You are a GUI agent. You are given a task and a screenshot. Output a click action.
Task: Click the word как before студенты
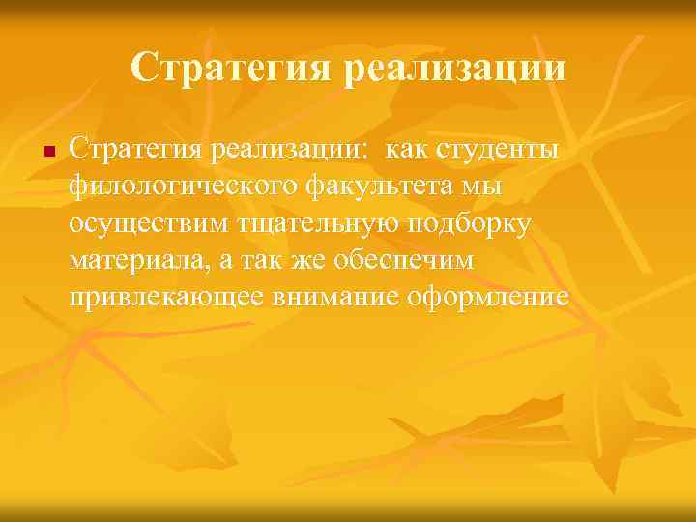(405, 151)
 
